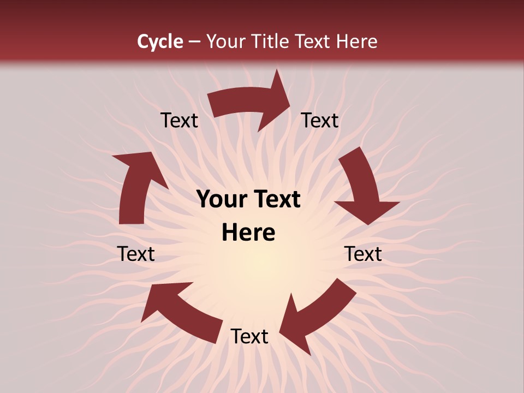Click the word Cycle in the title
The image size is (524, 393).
click(160, 41)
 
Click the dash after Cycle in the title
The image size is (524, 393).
click(194, 41)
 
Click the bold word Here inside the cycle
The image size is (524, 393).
click(248, 233)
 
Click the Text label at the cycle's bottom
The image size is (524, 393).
click(249, 337)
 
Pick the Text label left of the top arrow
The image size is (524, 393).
click(179, 121)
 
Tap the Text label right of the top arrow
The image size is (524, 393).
click(320, 121)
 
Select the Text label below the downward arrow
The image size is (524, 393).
click(363, 254)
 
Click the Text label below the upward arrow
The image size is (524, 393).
click(136, 254)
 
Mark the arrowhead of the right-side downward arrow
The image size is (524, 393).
click(367, 210)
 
